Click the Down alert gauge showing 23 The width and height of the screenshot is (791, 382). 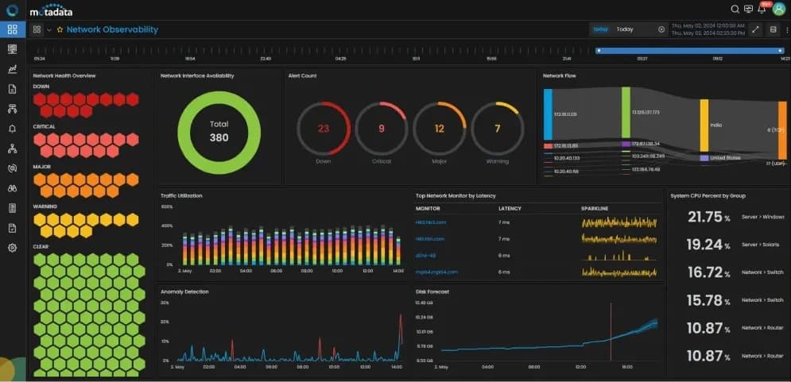323,129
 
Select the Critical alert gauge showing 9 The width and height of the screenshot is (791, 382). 381,129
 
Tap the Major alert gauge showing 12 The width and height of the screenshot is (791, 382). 439,129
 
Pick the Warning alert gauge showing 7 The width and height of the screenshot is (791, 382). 497,129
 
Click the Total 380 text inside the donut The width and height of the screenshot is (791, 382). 219,131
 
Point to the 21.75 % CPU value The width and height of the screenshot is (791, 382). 704,217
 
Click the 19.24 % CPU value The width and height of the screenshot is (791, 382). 704,245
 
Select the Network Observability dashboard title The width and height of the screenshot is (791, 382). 112,29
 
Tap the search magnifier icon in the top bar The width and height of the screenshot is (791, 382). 735,9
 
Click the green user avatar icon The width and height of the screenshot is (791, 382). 778,9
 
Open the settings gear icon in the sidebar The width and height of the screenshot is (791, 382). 12,248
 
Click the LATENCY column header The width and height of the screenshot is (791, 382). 510,208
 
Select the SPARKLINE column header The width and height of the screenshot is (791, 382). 595,208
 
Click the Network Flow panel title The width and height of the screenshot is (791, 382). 559,76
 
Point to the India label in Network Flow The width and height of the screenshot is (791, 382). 715,125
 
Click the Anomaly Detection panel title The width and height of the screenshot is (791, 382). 184,291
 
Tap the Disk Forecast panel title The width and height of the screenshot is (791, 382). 432,291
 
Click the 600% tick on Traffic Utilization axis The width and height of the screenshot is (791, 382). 167,206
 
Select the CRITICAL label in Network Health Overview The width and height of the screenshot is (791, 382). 44,126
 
